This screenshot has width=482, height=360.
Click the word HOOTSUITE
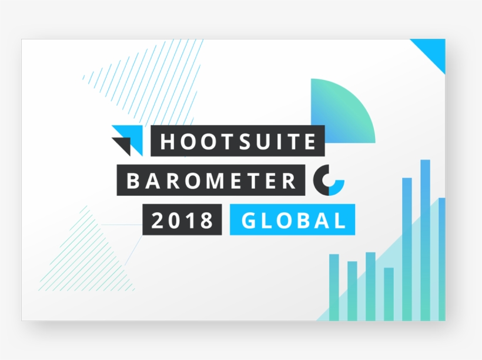pyautogui.click(x=238, y=141)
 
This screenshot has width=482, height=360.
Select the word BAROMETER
pyautogui.click(x=211, y=181)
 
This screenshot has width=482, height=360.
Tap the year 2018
pyautogui.click(x=182, y=221)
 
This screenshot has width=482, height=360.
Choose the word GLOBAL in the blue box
pyautogui.click(x=293, y=221)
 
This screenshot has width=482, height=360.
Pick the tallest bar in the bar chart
pyautogui.click(x=425, y=240)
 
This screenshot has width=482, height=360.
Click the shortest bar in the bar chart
pyautogui.click(x=389, y=294)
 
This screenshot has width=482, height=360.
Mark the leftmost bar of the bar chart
pyautogui.click(x=334, y=288)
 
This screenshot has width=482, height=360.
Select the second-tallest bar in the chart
pyautogui.click(x=407, y=249)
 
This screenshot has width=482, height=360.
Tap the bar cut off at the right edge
pyautogui.click(x=442, y=259)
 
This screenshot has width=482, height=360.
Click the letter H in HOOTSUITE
pyautogui.click(x=167, y=141)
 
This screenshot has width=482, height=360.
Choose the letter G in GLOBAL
pyautogui.click(x=249, y=221)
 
